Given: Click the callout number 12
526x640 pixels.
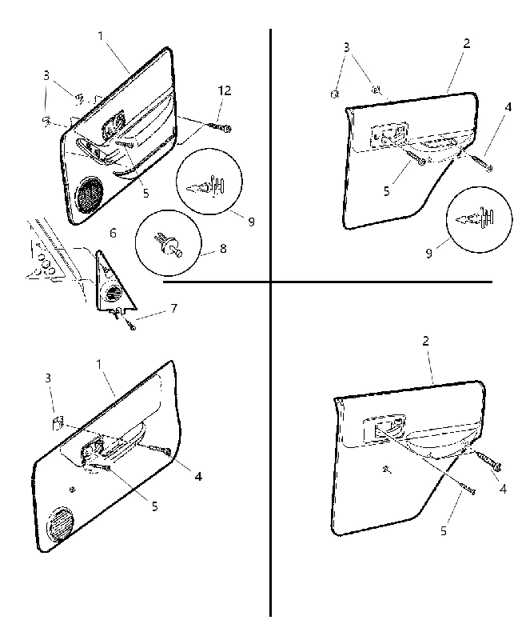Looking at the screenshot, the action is point(224,90).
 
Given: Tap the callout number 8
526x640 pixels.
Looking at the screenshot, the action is point(223,248).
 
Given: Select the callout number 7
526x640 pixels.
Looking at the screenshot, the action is point(174,308).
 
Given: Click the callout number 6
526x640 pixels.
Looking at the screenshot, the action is point(113,233).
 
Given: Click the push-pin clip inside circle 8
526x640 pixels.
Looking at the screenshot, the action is point(169,245).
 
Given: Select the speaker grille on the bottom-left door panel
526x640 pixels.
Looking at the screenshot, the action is point(61,525).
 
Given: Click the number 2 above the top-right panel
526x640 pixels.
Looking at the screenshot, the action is point(467,43).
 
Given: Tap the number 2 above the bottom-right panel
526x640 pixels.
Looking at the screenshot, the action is point(426,341).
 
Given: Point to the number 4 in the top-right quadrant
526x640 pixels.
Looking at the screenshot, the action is point(508,107).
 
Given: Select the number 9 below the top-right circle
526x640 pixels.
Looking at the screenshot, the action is point(428,254).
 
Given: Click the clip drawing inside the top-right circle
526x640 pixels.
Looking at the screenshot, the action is point(476,218).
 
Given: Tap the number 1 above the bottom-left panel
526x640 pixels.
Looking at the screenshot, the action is point(98,365).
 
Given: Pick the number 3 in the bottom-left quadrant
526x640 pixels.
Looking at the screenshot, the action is point(48,378).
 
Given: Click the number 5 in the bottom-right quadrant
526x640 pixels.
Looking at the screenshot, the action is point(444,531).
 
